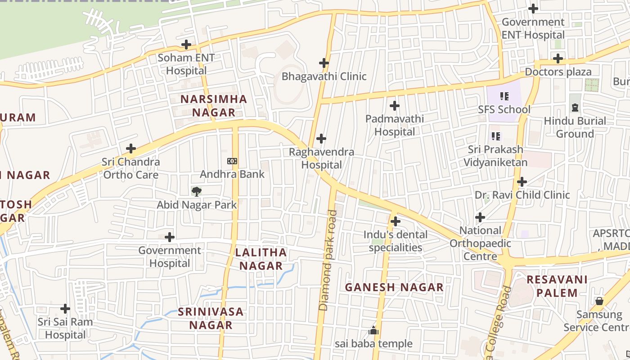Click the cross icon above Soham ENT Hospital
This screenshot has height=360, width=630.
click(x=186, y=45)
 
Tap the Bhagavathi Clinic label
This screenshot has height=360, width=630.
click(x=324, y=76)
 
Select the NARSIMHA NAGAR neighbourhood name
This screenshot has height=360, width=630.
click(x=214, y=106)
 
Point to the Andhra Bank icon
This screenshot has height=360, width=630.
click(x=232, y=161)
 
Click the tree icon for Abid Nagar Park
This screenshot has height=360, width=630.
click(x=196, y=192)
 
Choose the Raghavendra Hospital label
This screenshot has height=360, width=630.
click(x=321, y=158)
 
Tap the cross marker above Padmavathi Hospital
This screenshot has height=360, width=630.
click(x=395, y=106)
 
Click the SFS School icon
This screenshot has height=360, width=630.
click(x=504, y=96)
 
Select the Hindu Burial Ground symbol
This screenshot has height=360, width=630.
click(x=575, y=108)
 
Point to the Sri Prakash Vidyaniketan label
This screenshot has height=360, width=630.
click(x=495, y=156)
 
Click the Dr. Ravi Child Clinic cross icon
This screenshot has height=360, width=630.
click(x=522, y=182)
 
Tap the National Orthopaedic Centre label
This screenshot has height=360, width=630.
click(x=480, y=243)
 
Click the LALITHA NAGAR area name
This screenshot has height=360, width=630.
click(x=261, y=259)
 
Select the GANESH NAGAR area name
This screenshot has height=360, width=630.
click(x=394, y=287)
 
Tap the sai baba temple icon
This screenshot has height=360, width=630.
click(x=373, y=331)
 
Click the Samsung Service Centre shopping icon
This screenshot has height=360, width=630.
click(x=599, y=301)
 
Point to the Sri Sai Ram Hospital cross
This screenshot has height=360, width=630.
click(x=65, y=309)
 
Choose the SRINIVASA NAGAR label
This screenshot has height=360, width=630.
click(x=211, y=318)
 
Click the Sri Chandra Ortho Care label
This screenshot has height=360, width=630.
click(x=130, y=168)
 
